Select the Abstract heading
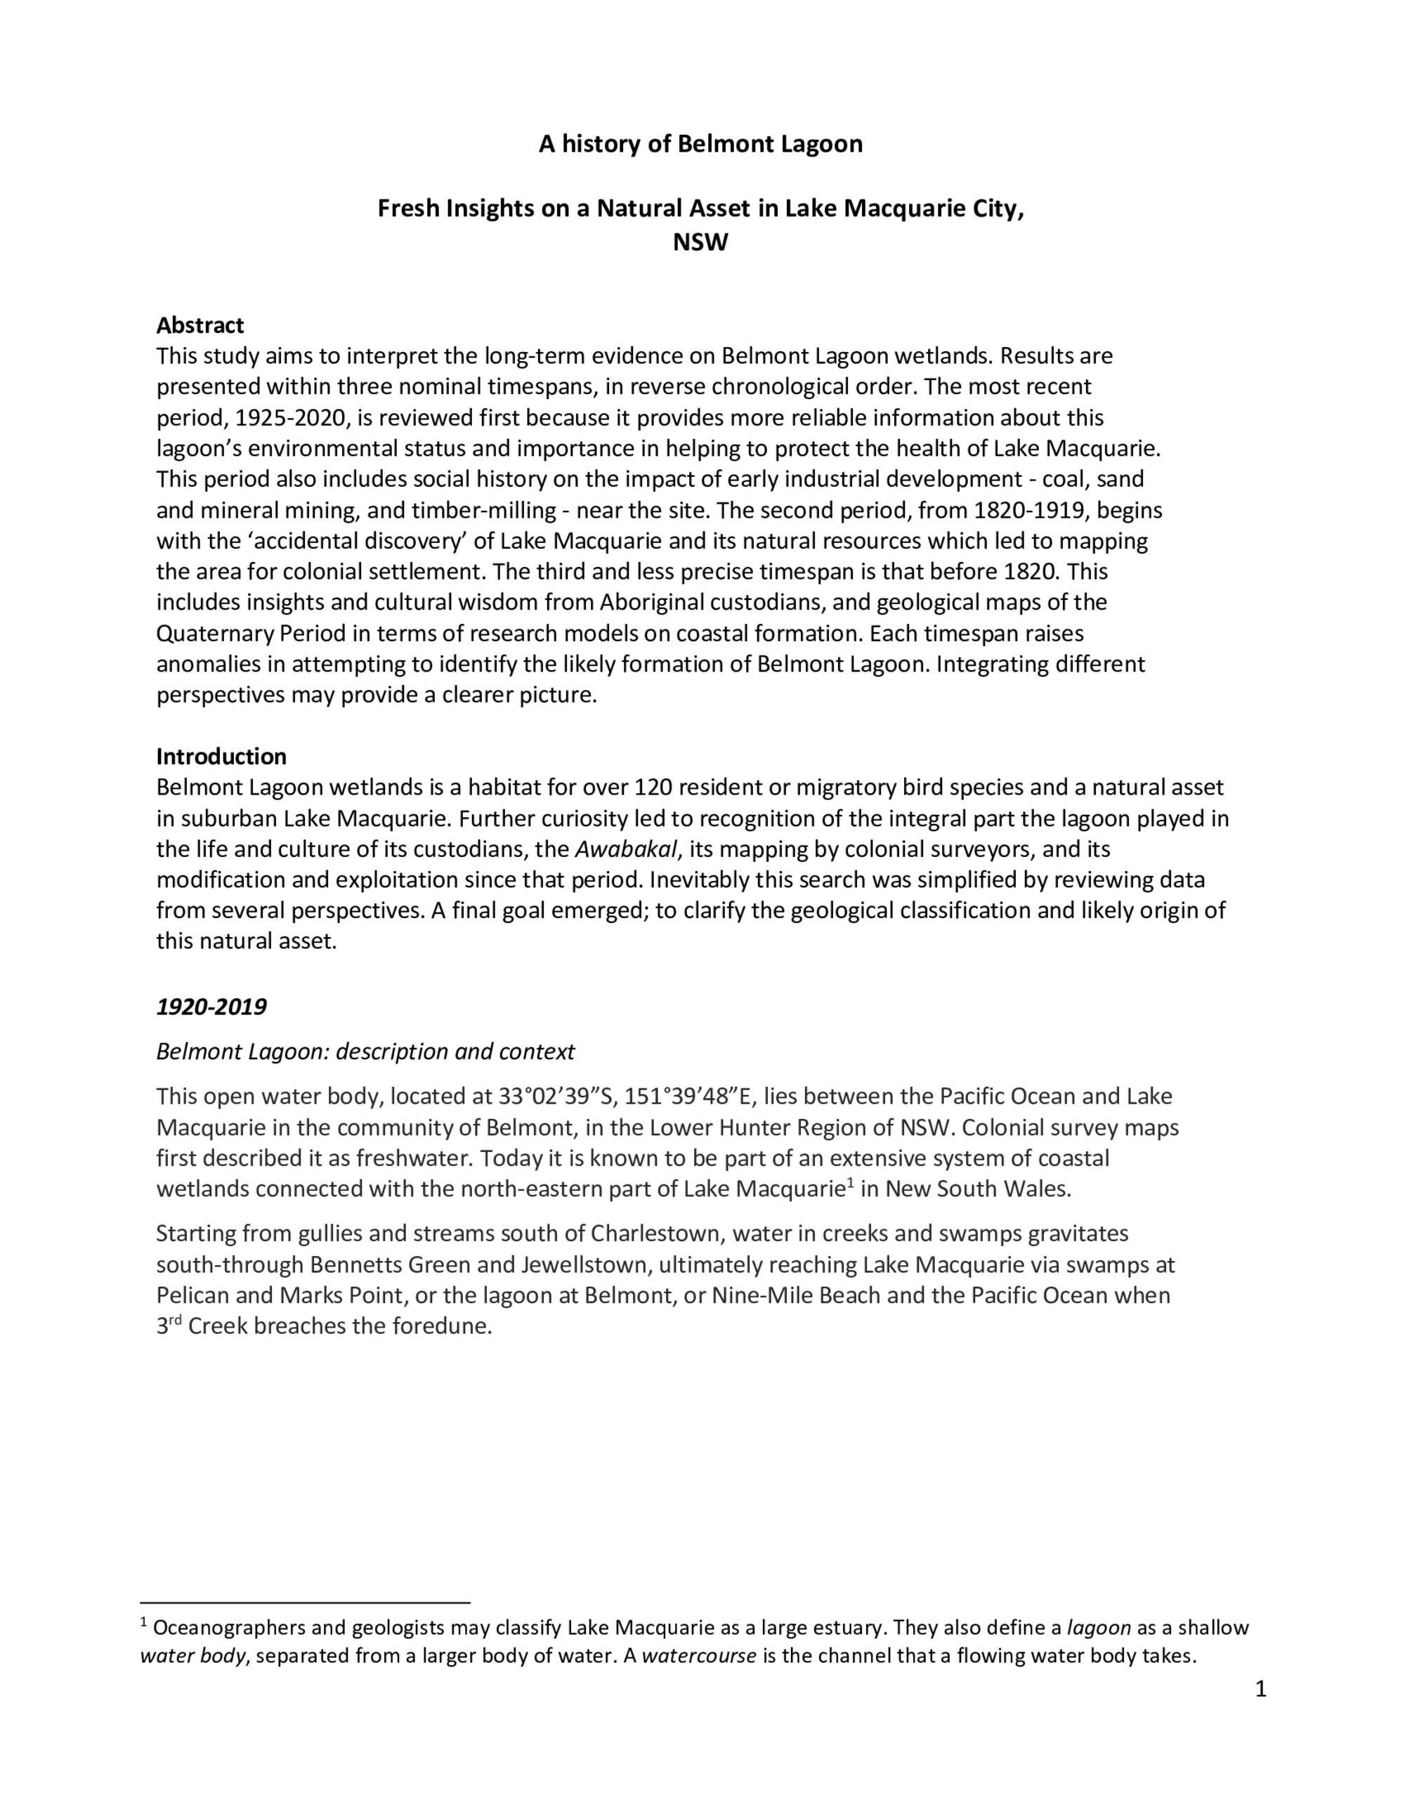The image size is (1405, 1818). (x=200, y=325)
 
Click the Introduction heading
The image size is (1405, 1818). (x=221, y=756)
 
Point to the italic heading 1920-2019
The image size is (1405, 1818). (x=211, y=1007)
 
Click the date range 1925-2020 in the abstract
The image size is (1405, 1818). (x=291, y=417)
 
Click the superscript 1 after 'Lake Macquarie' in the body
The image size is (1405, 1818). (x=851, y=1182)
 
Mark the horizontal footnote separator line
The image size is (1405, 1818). (x=305, y=1602)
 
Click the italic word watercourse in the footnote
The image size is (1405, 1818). (x=698, y=1656)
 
